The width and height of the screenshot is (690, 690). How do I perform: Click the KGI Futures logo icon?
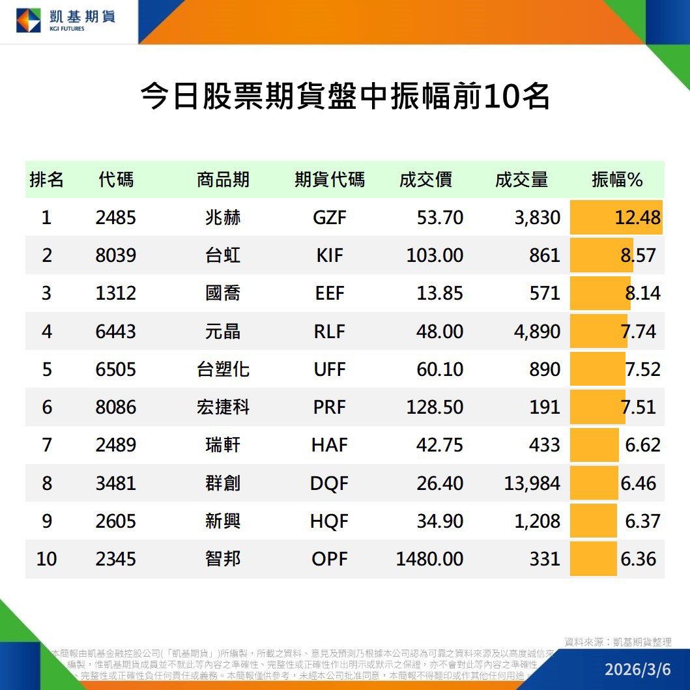pos(28,21)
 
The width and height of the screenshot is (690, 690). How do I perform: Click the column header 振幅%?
pos(616,180)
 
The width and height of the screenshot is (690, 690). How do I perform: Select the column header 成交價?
pos(425,180)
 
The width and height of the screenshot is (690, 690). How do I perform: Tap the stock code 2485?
pos(115,218)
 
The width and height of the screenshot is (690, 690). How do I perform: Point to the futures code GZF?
pos(330,218)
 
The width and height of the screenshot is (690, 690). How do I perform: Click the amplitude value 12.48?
pos(637,218)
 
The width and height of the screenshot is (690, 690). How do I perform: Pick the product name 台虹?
pos(223,255)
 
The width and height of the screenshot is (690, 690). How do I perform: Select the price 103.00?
pos(435,255)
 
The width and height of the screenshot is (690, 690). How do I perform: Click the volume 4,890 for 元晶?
pos(537,332)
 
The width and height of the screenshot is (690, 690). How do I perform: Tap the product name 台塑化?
pos(223,369)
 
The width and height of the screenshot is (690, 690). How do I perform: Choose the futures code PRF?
pos(330,407)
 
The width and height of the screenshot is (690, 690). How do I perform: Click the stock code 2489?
pos(115,445)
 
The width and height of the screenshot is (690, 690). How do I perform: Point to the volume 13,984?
pos(532,483)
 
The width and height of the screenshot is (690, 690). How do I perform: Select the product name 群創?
pos(223,483)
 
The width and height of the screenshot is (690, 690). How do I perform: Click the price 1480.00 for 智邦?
pos(429,559)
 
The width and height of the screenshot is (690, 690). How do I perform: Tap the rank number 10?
pos(46,559)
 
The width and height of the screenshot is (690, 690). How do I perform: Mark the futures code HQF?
pos(330,521)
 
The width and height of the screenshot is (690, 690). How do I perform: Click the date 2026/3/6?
pos(637,669)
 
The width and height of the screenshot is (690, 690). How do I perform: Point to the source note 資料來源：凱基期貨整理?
pos(617,642)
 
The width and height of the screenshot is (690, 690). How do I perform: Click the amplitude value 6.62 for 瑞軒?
pos(642,445)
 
